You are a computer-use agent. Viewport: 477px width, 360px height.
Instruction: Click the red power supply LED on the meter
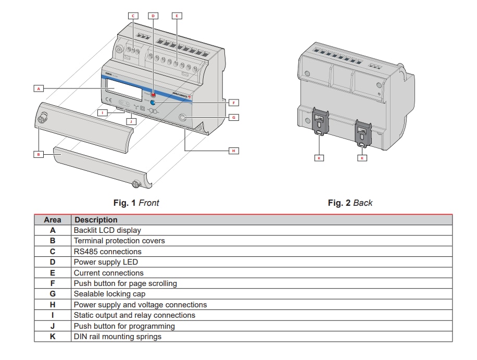(154, 95)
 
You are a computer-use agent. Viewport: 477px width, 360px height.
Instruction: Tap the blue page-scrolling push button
(154, 104)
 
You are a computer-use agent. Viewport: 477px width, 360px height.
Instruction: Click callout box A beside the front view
(38, 89)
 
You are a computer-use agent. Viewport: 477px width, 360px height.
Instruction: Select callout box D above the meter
(153, 16)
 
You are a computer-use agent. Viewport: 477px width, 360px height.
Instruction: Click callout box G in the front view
(234, 117)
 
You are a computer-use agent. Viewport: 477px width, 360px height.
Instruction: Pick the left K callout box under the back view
(319, 157)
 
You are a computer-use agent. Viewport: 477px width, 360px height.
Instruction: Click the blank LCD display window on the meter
(124, 90)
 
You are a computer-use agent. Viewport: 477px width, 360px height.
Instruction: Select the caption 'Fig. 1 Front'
(136, 203)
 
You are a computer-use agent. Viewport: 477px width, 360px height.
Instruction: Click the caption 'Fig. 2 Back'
(350, 203)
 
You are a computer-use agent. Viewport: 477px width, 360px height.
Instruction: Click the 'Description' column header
(96, 220)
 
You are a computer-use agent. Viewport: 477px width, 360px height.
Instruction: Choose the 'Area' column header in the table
(53, 220)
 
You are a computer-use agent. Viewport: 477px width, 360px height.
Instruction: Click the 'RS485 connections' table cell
(107, 252)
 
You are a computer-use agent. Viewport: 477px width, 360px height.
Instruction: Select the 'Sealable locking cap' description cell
(109, 294)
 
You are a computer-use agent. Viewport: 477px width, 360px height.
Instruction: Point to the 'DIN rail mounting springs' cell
(117, 337)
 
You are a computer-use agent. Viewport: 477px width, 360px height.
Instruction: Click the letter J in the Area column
(53, 326)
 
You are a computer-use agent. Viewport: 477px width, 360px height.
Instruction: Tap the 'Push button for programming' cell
(124, 326)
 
